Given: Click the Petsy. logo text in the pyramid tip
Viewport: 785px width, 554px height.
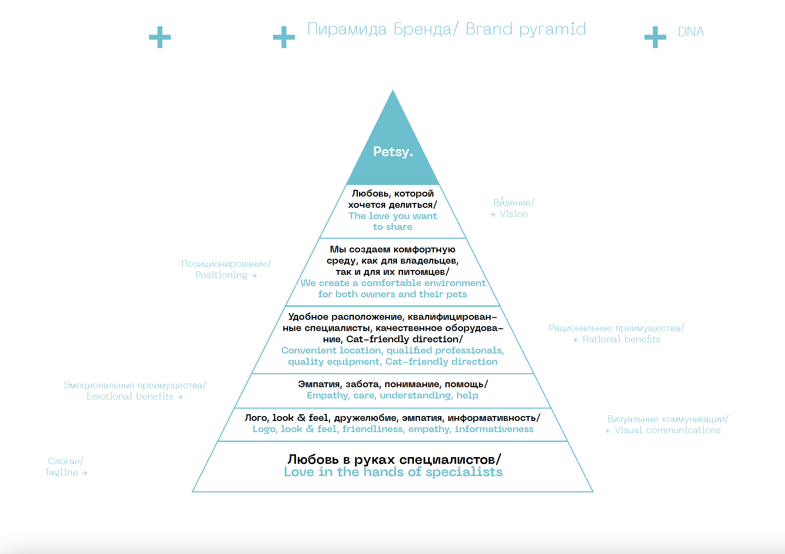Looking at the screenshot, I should pyautogui.click(x=393, y=152).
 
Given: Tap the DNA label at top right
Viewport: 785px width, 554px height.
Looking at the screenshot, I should pyautogui.click(x=690, y=32).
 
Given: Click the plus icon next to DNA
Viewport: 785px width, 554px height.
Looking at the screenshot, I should pyautogui.click(x=655, y=37).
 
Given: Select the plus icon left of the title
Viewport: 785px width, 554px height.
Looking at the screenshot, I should pyautogui.click(x=284, y=37).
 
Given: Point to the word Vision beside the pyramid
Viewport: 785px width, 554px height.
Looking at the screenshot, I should pyautogui.click(x=513, y=214).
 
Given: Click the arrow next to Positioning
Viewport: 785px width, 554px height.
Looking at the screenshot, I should pyautogui.click(x=254, y=276).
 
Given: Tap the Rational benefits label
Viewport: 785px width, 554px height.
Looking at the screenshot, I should pyautogui.click(x=621, y=339).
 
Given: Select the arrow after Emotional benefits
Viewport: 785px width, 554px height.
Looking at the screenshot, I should pyautogui.click(x=180, y=397).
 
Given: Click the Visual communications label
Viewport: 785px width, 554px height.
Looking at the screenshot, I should pyautogui.click(x=667, y=430).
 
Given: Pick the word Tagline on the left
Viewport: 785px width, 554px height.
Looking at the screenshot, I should pyautogui.click(x=61, y=473).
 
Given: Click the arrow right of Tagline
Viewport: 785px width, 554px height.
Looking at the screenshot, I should pyautogui.click(x=84, y=473).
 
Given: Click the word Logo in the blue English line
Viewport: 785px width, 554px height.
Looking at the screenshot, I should pyautogui.click(x=264, y=429).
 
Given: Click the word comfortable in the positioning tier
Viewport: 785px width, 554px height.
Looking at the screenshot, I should pyautogui.click(x=391, y=283).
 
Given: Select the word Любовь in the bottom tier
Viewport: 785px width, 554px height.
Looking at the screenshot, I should pyautogui.click(x=313, y=459).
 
